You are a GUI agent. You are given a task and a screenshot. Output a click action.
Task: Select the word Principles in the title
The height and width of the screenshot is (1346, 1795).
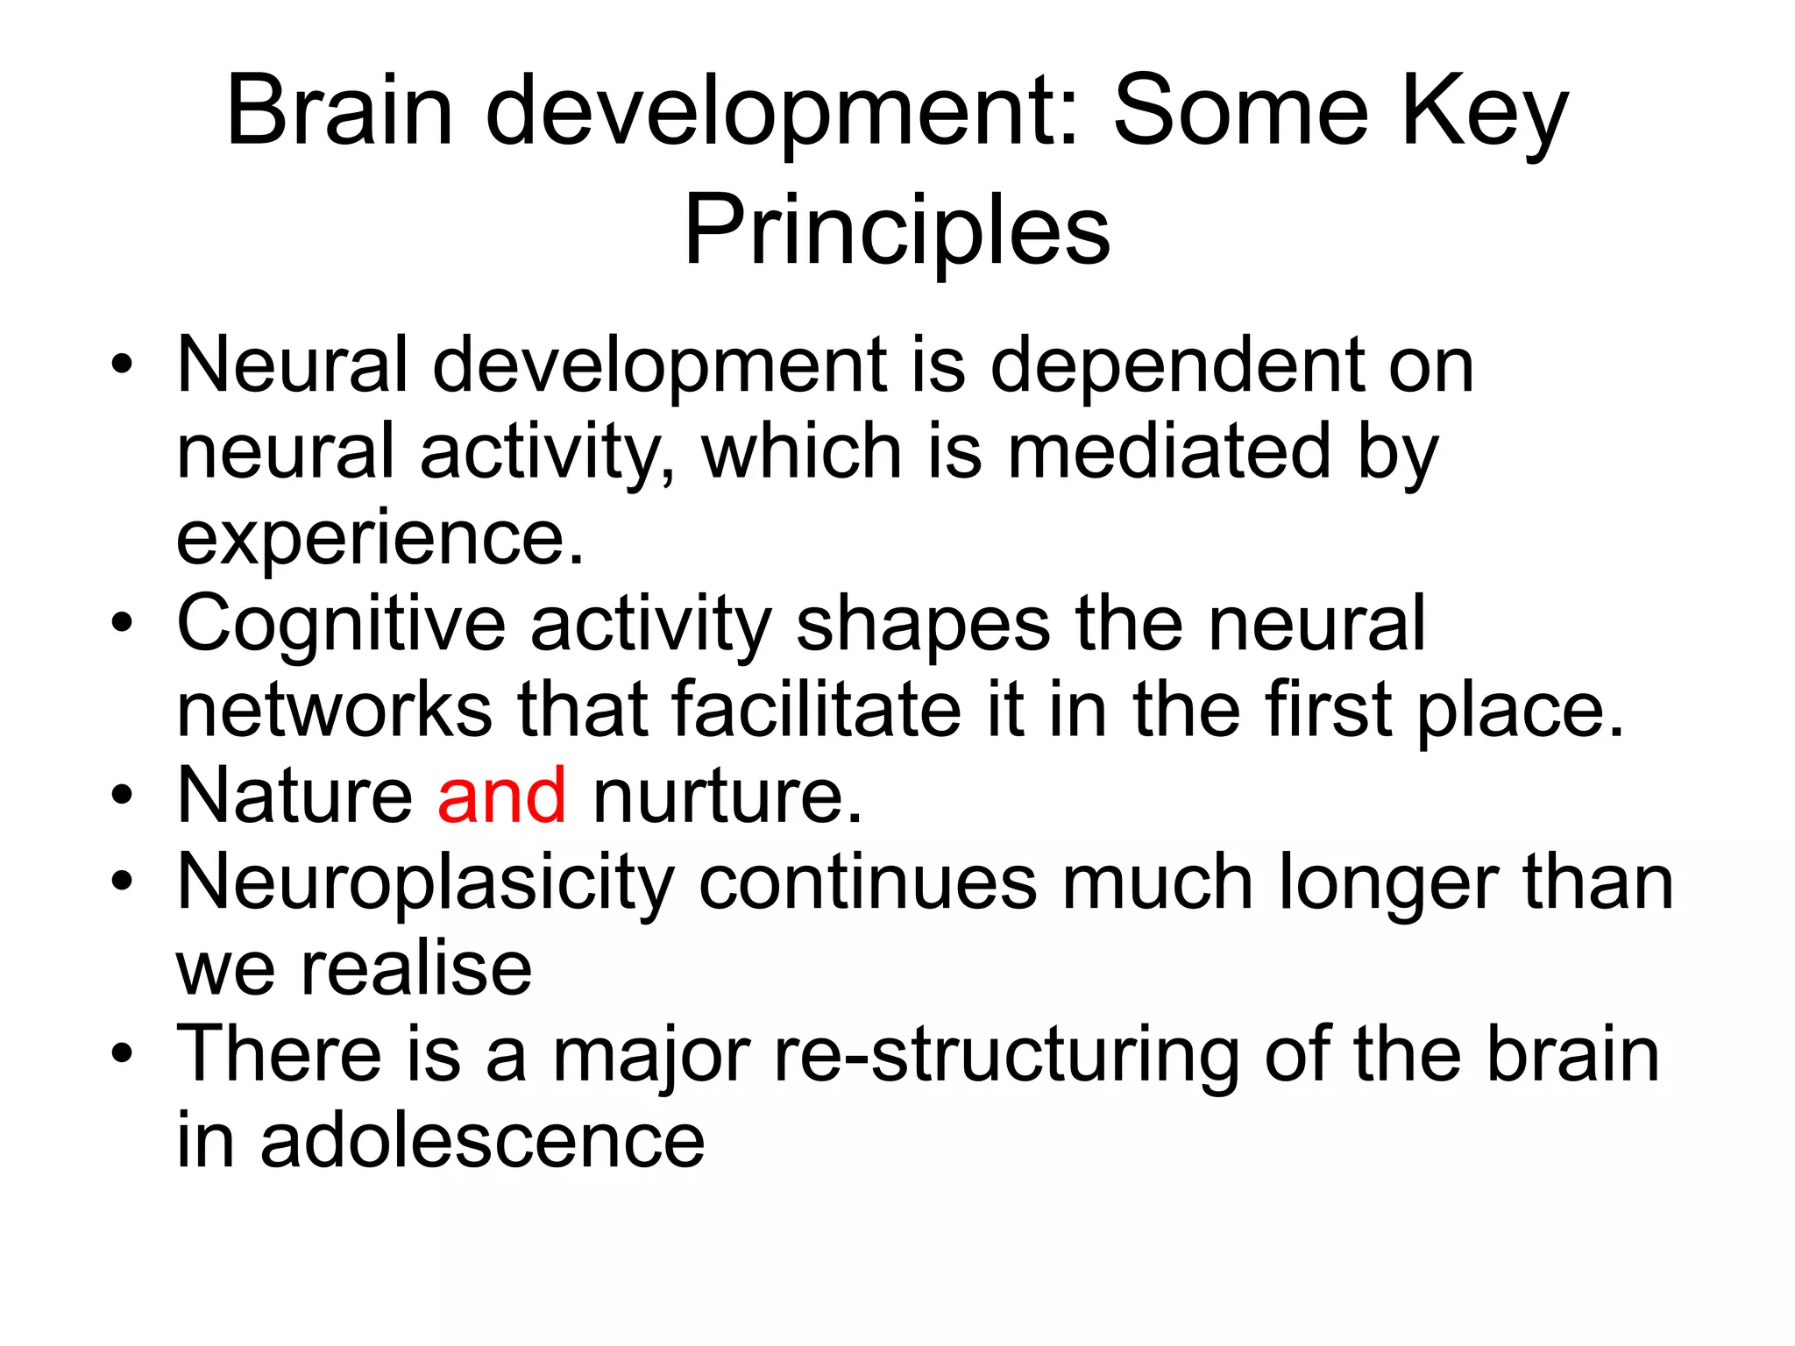click(897, 230)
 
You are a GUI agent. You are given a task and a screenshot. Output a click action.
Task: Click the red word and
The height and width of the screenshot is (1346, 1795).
click(501, 795)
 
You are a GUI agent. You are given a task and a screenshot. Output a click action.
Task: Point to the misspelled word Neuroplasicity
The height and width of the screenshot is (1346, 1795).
click(425, 882)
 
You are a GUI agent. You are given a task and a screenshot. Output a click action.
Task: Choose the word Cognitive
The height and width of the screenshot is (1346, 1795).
click(341, 623)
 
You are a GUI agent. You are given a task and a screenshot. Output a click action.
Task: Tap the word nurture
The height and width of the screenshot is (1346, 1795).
click(727, 795)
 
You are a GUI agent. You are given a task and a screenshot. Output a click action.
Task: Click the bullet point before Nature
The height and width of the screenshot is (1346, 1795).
click(122, 796)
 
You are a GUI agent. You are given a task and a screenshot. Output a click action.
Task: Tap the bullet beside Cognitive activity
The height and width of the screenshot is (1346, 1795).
click(122, 623)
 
